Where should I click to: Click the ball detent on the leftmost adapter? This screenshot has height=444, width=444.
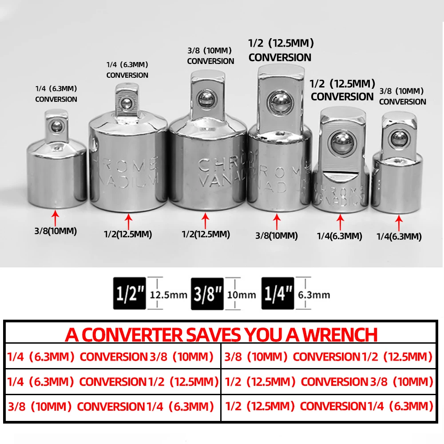pos(56,127)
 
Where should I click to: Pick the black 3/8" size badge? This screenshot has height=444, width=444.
pos(207,294)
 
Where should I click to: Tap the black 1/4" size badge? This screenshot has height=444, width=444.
pos(277,294)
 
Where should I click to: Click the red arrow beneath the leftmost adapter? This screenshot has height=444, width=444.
pos(55,218)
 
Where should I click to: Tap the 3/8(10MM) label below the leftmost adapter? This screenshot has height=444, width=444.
pos(56,231)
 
